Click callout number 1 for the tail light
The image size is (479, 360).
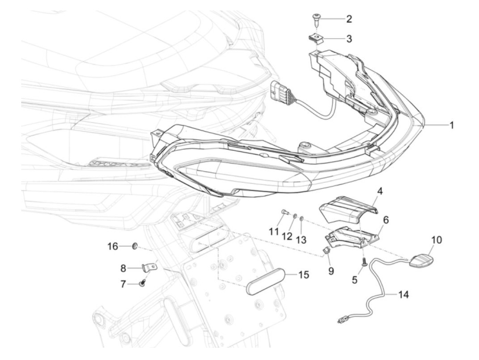[452, 126]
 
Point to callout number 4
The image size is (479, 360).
[380, 191]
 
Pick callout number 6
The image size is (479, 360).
[386, 220]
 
